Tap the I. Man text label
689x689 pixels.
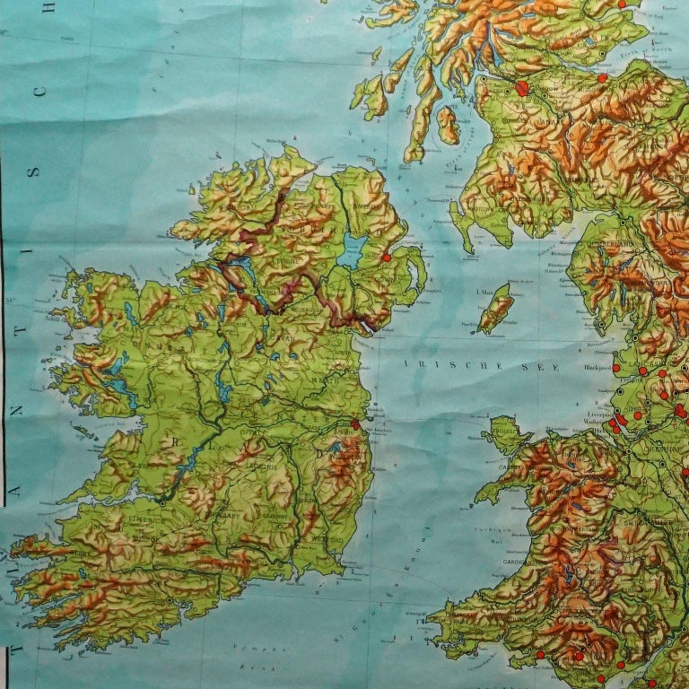pyautogui.click(x=484, y=292)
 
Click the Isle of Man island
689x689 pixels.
pyautogui.click(x=496, y=308)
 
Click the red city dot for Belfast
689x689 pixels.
pyautogui.click(x=386, y=257)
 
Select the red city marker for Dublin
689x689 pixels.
pyautogui.click(x=354, y=423)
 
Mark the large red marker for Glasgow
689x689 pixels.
pyautogui.click(x=522, y=88)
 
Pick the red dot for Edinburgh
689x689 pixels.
pyautogui.click(x=602, y=78)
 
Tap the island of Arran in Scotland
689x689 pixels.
pyautogui.click(x=448, y=125)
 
